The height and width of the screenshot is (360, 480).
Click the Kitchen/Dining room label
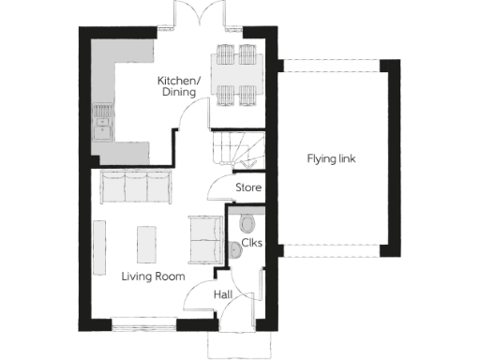tap(176, 86)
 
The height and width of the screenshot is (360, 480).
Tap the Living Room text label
tap(153, 277)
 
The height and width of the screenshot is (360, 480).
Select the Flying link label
tap(331, 157)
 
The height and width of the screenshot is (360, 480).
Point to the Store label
tap(247, 188)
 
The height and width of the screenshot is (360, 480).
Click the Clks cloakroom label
tap(251, 243)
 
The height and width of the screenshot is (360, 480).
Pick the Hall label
tap(223, 294)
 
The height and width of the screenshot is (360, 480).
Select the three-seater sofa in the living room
tap(135, 187)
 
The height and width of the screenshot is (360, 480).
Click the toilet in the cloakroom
tap(247, 223)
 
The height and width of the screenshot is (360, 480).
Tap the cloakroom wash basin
tap(234, 249)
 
